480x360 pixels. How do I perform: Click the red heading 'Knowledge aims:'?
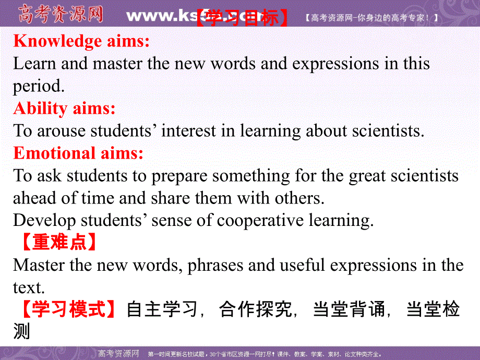(81, 41)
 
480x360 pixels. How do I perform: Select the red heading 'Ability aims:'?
(64, 108)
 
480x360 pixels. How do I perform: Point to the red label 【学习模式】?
(68, 309)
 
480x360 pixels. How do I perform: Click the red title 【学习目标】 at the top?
(242, 18)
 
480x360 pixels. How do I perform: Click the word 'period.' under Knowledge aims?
(39, 86)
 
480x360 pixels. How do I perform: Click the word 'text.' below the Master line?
(27, 287)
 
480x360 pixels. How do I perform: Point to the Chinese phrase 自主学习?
(162, 309)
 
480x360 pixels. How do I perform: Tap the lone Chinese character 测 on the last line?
(22, 332)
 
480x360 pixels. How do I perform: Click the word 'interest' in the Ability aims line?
(189, 130)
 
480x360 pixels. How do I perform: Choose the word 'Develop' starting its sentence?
(44, 220)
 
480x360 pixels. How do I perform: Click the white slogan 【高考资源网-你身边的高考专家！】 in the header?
(370, 18)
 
